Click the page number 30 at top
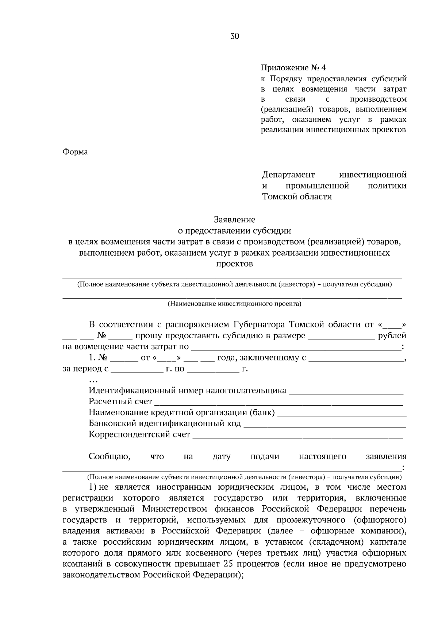234,36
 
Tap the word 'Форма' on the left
76,152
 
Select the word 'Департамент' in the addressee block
288,175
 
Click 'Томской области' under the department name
297,197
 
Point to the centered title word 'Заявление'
234,219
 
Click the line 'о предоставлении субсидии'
234,231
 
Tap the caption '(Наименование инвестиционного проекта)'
234,303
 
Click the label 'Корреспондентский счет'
139,435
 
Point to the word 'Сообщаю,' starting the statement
109,456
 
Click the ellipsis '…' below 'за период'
93,381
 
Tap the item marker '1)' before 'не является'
93,487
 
